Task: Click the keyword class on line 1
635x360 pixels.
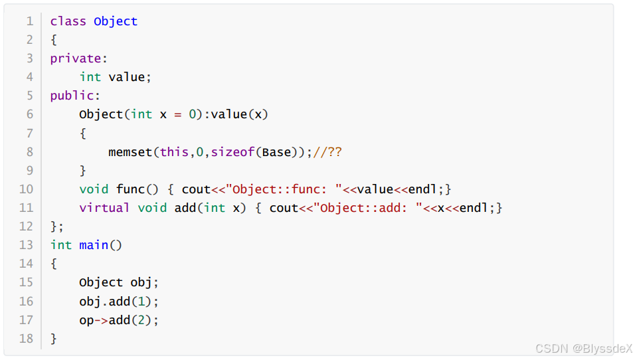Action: pos(68,21)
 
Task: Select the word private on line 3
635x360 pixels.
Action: pos(75,58)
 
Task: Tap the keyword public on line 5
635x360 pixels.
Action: pos(72,96)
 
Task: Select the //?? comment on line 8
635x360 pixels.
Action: pos(327,152)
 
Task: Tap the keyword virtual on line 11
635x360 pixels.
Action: pos(104,208)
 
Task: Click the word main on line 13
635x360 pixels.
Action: pos(94,245)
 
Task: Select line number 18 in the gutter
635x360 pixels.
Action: pos(26,339)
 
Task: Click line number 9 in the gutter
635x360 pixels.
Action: pos(29,171)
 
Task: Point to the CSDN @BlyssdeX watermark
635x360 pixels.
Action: pos(575,347)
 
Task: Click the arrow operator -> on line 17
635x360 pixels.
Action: pos(101,320)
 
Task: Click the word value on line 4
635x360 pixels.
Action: pos(126,77)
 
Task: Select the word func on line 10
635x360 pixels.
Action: pos(130,189)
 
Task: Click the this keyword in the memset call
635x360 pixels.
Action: pos(174,152)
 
